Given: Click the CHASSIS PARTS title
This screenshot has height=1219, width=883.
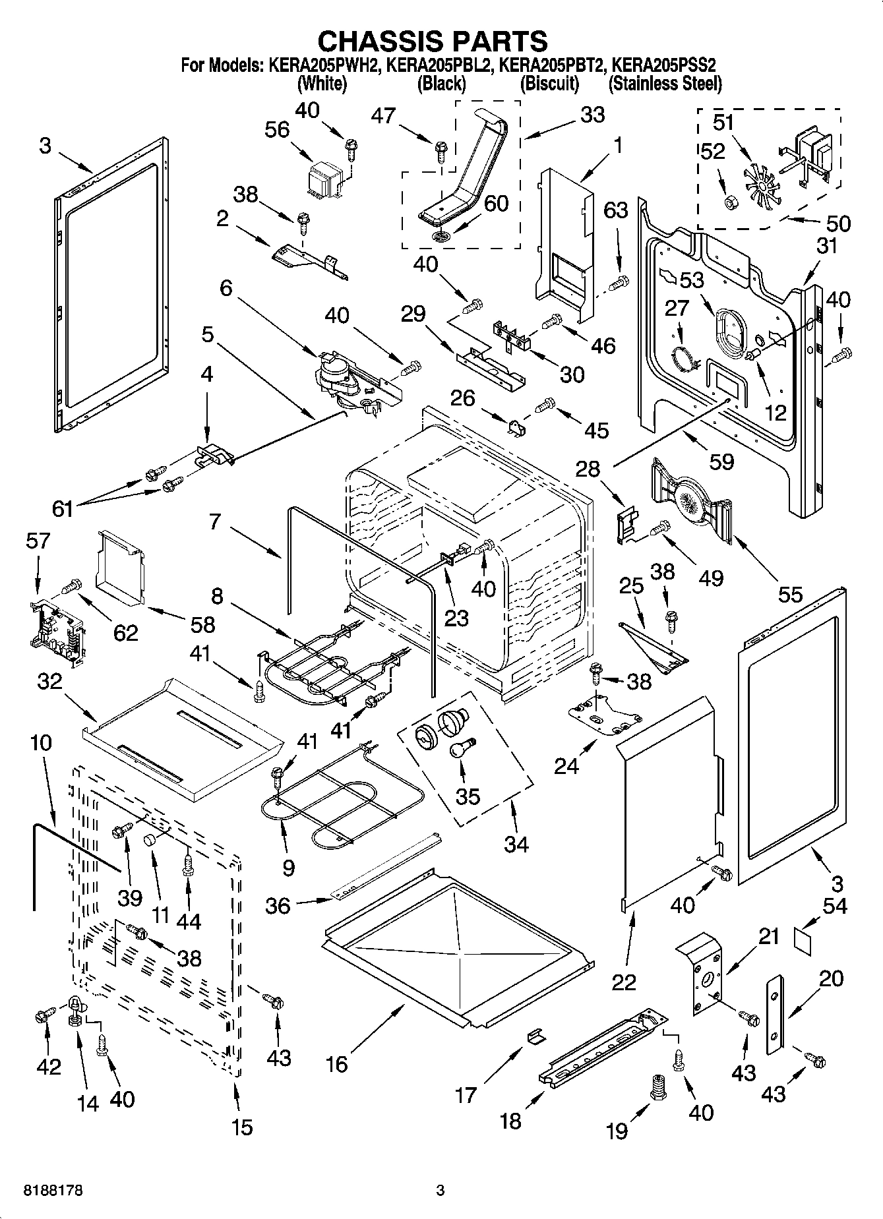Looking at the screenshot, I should pos(433,41).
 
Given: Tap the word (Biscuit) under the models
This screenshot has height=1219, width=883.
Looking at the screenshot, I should pos(549,84).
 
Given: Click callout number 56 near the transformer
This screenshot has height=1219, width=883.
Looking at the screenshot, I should pos(277,130).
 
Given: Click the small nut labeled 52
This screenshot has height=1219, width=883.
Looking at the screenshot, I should pos(730,201).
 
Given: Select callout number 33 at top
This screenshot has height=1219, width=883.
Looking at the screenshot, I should pos(592,115).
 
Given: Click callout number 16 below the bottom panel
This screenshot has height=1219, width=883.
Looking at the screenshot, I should pos(337,1063).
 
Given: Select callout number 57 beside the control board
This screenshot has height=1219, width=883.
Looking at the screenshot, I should pos(38,541).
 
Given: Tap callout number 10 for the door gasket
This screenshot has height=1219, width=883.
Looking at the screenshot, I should pos(40,743).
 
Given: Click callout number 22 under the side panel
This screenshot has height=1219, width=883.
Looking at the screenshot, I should pos(624,982).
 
